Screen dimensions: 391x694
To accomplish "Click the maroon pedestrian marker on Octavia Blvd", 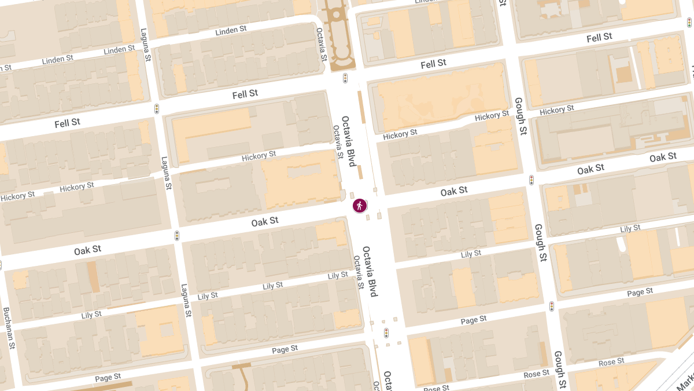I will click(360, 206).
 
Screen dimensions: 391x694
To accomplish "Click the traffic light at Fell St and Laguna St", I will click(157, 108).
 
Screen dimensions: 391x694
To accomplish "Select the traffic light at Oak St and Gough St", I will click(531, 180).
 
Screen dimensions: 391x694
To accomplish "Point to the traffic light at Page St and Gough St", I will click(552, 306).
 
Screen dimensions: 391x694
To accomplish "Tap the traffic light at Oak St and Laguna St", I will click(177, 236).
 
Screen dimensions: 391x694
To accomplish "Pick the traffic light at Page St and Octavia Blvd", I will click(386, 333).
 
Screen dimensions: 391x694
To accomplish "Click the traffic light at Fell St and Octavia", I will click(345, 78).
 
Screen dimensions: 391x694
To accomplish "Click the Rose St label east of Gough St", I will click(611, 362).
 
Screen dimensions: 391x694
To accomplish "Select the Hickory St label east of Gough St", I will click(556, 109).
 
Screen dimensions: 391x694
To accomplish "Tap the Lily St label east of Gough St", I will click(630, 229).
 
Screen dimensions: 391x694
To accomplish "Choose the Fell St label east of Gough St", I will click(599, 37).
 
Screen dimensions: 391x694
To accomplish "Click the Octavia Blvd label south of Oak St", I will click(370, 272).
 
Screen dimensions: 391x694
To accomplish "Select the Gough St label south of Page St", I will click(559, 370).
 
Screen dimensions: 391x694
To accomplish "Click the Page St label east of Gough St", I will click(640, 292).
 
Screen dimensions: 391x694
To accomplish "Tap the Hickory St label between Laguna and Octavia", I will click(259, 155).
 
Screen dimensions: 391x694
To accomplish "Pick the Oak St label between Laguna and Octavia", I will click(265, 221).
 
